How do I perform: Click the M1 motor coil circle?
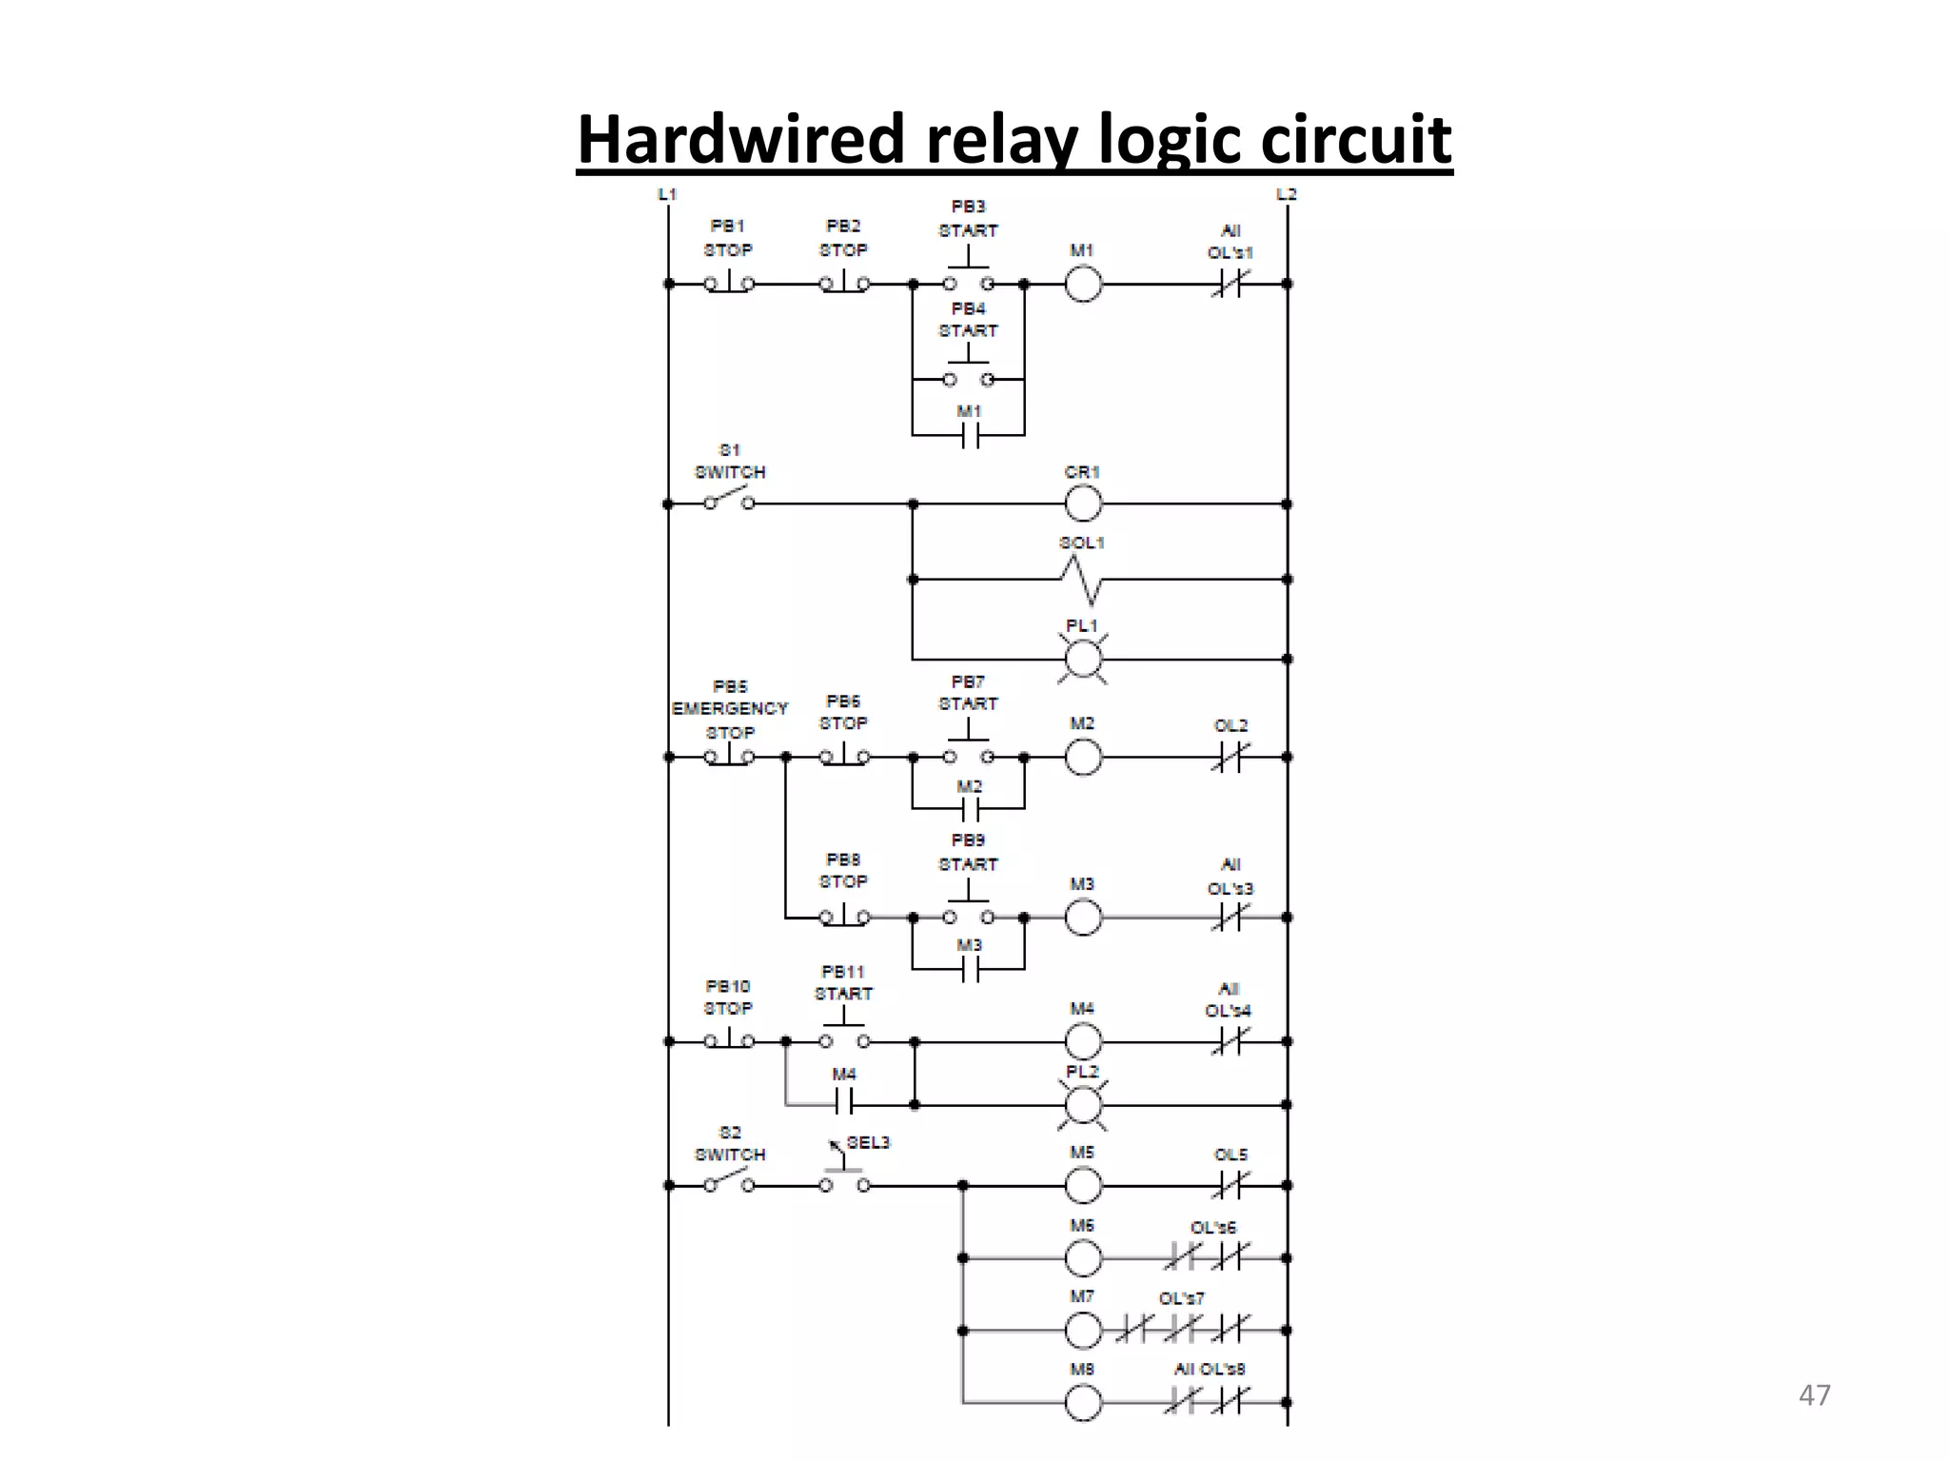point(1083,284)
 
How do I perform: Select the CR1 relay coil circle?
point(1083,504)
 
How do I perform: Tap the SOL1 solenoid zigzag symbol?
point(1082,580)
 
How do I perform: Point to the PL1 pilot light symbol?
point(1082,659)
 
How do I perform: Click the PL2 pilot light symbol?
point(1082,1105)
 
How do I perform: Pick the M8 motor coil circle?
point(1083,1402)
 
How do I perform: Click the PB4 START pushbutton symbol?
point(969,366)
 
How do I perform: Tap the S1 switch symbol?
point(729,498)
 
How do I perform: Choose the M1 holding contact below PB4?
point(969,436)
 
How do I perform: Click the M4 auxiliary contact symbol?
point(844,1104)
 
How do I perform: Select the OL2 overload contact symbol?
point(1230,757)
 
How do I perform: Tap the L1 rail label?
point(667,194)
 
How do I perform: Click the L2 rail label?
point(1287,194)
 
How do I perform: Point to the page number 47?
point(1814,1395)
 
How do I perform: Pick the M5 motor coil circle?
point(1083,1185)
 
